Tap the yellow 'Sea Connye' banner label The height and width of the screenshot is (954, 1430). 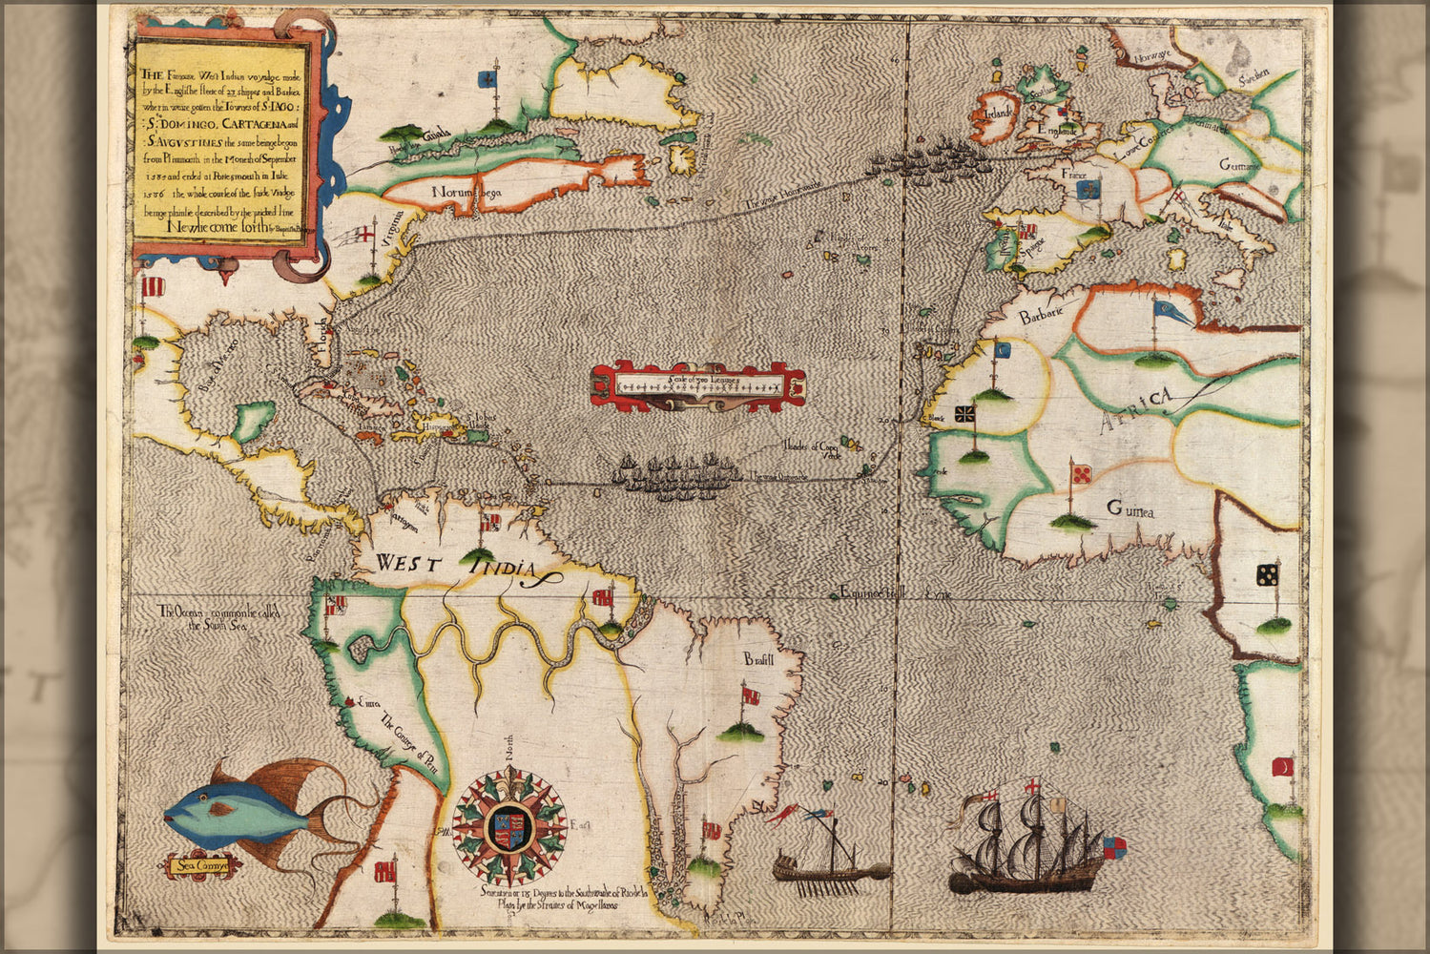click(198, 866)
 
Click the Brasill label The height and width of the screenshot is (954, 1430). click(759, 659)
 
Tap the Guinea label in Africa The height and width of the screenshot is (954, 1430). click(1129, 510)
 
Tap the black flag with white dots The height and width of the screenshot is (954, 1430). click(1268, 574)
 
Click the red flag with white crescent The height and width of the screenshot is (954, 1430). click(1283, 767)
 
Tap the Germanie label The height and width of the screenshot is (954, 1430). click(1239, 165)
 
